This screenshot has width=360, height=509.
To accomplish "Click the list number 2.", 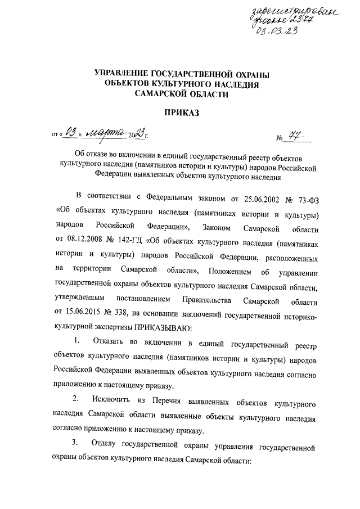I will (x=76, y=403).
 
